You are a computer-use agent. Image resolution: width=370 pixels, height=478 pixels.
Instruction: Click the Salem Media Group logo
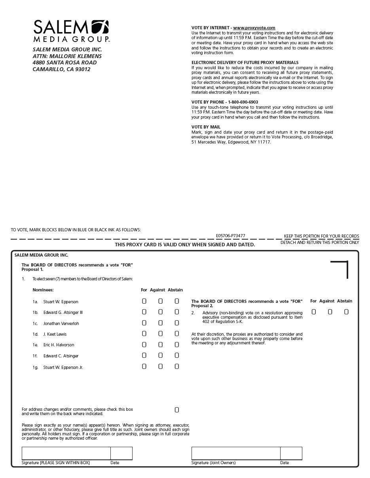click(71, 31)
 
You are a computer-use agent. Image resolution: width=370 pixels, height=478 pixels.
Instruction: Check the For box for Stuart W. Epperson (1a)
click(144, 301)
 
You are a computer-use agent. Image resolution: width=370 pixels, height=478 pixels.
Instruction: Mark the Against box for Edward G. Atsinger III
click(160, 312)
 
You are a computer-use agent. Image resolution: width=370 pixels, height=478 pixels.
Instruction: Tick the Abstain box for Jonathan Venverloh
click(176, 323)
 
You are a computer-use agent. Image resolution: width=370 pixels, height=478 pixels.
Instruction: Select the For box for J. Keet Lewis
click(144, 334)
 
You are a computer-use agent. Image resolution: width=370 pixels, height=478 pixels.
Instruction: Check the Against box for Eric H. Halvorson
click(160, 345)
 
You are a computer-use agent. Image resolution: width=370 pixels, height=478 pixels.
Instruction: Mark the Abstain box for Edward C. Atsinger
click(176, 355)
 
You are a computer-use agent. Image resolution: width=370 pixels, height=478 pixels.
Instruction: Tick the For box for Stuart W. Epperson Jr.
click(144, 367)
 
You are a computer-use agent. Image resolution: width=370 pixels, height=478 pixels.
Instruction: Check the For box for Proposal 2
click(314, 312)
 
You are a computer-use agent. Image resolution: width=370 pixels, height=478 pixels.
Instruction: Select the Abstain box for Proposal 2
click(346, 312)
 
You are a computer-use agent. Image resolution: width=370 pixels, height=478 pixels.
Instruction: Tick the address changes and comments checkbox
click(176, 410)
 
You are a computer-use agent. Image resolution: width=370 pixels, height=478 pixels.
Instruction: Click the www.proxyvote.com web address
click(254, 28)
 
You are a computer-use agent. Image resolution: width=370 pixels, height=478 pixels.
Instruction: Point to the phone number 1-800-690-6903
click(243, 102)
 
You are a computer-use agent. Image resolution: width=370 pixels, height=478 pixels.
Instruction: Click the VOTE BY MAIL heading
click(206, 127)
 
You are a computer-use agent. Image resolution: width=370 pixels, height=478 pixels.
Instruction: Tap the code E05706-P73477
click(230, 236)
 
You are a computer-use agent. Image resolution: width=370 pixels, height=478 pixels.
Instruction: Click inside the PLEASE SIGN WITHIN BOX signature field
click(66, 453)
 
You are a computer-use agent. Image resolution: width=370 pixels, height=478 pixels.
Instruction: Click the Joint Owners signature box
click(236, 453)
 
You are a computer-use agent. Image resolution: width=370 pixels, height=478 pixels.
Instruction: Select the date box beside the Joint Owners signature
click(291, 453)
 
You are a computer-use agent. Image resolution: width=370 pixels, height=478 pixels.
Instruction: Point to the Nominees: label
click(43, 290)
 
